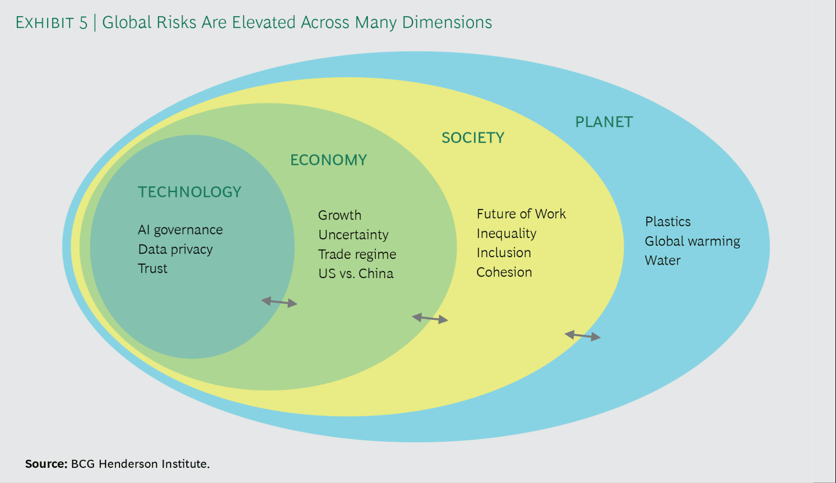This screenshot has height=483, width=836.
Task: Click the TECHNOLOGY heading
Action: pyautogui.click(x=190, y=192)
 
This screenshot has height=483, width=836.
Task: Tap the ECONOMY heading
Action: pyautogui.click(x=328, y=160)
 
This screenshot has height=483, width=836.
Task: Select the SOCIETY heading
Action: pyautogui.click(x=473, y=138)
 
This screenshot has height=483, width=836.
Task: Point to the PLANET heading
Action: pyautogui.click(x=604, y=122)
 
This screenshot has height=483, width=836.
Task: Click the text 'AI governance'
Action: pyautogui.click(x=180, y=230)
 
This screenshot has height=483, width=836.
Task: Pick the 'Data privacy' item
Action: pyautogui.click(x=175, y=250)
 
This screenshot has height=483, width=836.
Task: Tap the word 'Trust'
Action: pyautogui.click(x=153, y=269)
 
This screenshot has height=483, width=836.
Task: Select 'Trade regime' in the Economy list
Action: pyautogui.click(x=357, y=255)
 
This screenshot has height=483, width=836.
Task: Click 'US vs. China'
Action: pyautogui.click(x=356, y=274)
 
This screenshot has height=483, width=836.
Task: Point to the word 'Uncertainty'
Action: pyautogui.click(x=353, y=235)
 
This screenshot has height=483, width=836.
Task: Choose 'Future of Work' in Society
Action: pyautogui.click(x=522, y=214)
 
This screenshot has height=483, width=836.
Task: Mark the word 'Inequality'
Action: pyautogui.click(x=506, y=234)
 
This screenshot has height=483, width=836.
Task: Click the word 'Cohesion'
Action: pyautogui.click(x=504, y=272)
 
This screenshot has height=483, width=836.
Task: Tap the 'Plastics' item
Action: pyautogui.click(x=668, y=222)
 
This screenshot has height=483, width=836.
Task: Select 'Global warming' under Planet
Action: pyautogui.click(x=693, y=241)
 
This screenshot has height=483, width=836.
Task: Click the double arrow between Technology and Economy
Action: pyautogui.click(x=279, y=302)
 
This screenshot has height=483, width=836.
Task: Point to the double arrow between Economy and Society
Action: pyautogui.click(x=430, y=318)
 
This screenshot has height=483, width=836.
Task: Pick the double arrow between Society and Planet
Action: pyautogui.click(x=582, y=336)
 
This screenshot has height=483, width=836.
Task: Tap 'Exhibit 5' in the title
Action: pyautogui.click(x=52, y=23)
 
